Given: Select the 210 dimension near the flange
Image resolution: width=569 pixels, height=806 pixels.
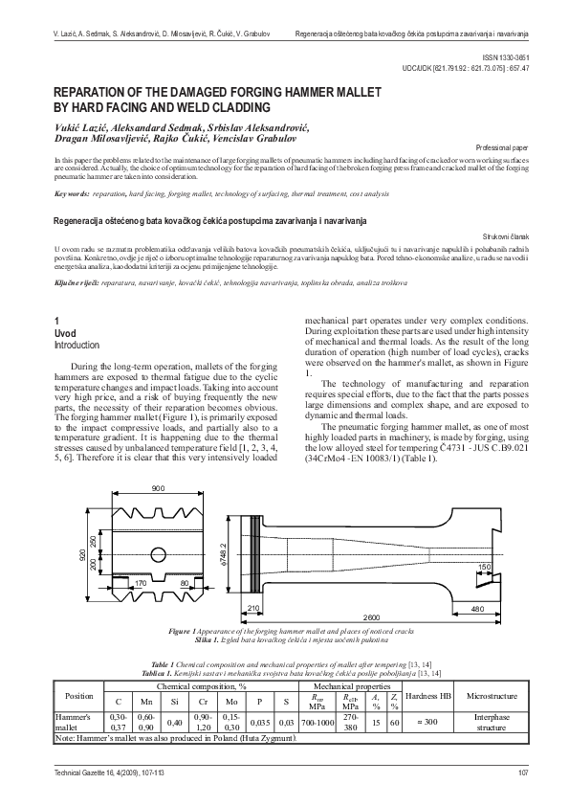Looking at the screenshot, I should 254,607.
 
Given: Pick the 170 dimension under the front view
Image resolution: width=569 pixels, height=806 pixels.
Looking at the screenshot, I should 140,581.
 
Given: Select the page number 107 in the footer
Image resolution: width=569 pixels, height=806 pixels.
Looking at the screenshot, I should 522,773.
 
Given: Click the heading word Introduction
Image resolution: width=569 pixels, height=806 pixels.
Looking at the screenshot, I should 76,345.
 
